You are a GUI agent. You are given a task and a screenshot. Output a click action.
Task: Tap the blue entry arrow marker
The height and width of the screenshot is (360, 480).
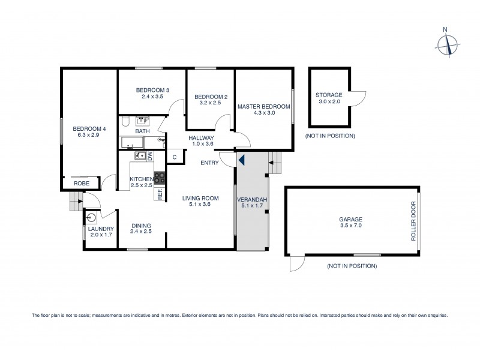point(242,160)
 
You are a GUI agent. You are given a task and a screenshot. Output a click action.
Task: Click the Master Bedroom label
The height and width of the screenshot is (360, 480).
point(263,107)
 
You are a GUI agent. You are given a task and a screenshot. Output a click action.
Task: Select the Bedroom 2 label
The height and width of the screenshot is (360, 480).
point(211,97)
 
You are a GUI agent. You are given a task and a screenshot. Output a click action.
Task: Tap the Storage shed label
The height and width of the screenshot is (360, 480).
point(329,95)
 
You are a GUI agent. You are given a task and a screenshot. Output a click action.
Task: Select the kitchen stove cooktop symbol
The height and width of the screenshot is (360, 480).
point(160,178)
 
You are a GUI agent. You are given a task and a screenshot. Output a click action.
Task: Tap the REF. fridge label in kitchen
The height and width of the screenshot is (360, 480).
point(160,193)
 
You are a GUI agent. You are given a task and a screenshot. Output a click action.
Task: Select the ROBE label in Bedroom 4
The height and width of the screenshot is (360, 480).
point(82,183)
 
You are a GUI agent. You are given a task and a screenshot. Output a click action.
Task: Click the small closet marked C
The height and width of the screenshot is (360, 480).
point(174,157)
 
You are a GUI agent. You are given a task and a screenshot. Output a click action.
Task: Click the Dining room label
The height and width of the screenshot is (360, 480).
point(141,226)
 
